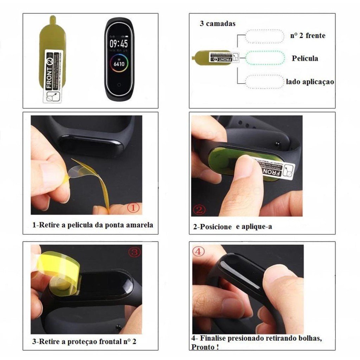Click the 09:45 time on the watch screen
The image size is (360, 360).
(118, 44)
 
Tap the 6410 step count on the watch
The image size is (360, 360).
(118, 64)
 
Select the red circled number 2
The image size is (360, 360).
(199, 210)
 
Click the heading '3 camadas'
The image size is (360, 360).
(218, 24)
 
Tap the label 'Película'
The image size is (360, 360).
(305, 58)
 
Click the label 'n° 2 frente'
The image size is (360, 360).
(308, 36)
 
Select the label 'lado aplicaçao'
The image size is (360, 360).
(310, 82)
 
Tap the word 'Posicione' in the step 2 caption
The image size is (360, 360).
(216, 227)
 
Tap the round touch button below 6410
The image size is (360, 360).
(118, 85)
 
